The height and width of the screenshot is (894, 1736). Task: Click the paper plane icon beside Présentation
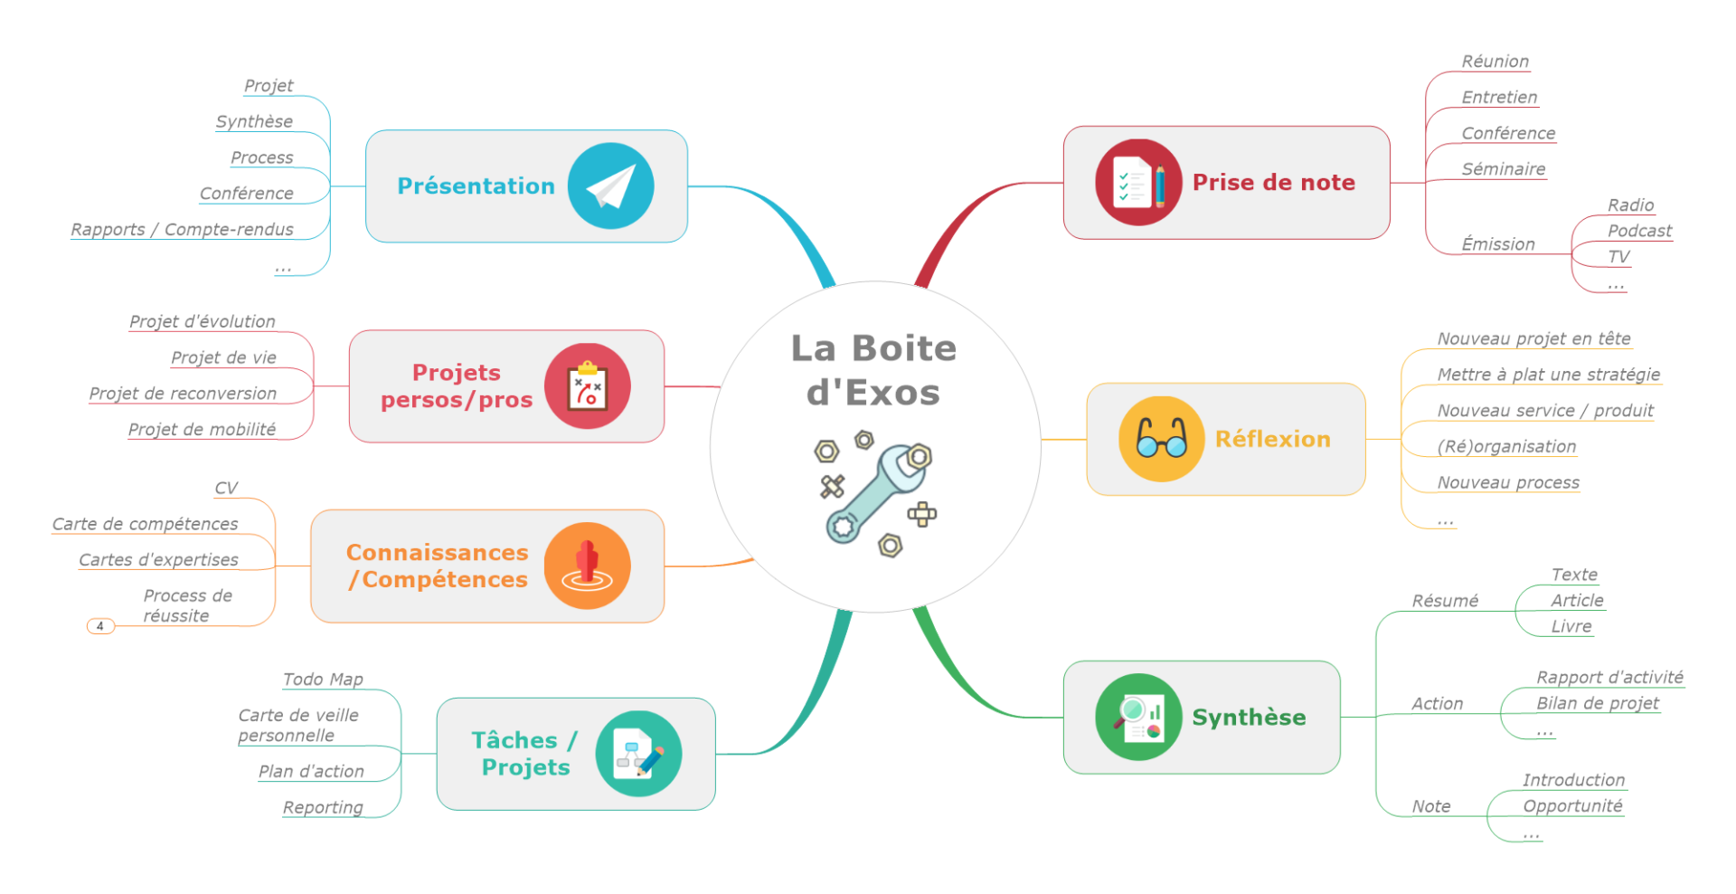tap(610, 186)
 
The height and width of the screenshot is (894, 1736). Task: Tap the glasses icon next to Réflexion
tap(1161, 439)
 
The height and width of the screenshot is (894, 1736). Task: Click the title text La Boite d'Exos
tap(873, 370)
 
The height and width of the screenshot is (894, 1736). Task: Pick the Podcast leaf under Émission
tap(1639, 231)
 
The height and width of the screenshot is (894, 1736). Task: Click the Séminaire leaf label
tap(1503, 169)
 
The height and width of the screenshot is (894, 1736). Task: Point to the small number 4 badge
tap(100, 626)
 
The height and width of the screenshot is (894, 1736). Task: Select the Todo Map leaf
tap(323, 680)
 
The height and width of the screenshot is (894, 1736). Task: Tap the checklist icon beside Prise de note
tap(1137, 183)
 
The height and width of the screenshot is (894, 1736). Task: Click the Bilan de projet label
tap(1598, 703)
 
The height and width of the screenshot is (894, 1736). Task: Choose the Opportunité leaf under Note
tap(1572, 806)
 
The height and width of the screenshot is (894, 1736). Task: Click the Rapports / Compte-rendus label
tap(182, 230)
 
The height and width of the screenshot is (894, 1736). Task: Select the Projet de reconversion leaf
tap(183, 394)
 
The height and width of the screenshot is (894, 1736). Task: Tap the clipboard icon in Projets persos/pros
tap(588, 386)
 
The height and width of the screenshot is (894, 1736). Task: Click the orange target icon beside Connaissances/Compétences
tap(587, 566)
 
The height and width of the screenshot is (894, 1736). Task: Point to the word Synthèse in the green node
tap(1249, 718)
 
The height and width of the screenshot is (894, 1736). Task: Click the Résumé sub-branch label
tap(1445, 601)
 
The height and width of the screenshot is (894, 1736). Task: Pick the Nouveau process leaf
tap(1508, 483)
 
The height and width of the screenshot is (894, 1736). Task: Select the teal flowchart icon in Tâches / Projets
tap(638, 754)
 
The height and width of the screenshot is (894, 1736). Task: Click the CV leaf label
tap(226, 489)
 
